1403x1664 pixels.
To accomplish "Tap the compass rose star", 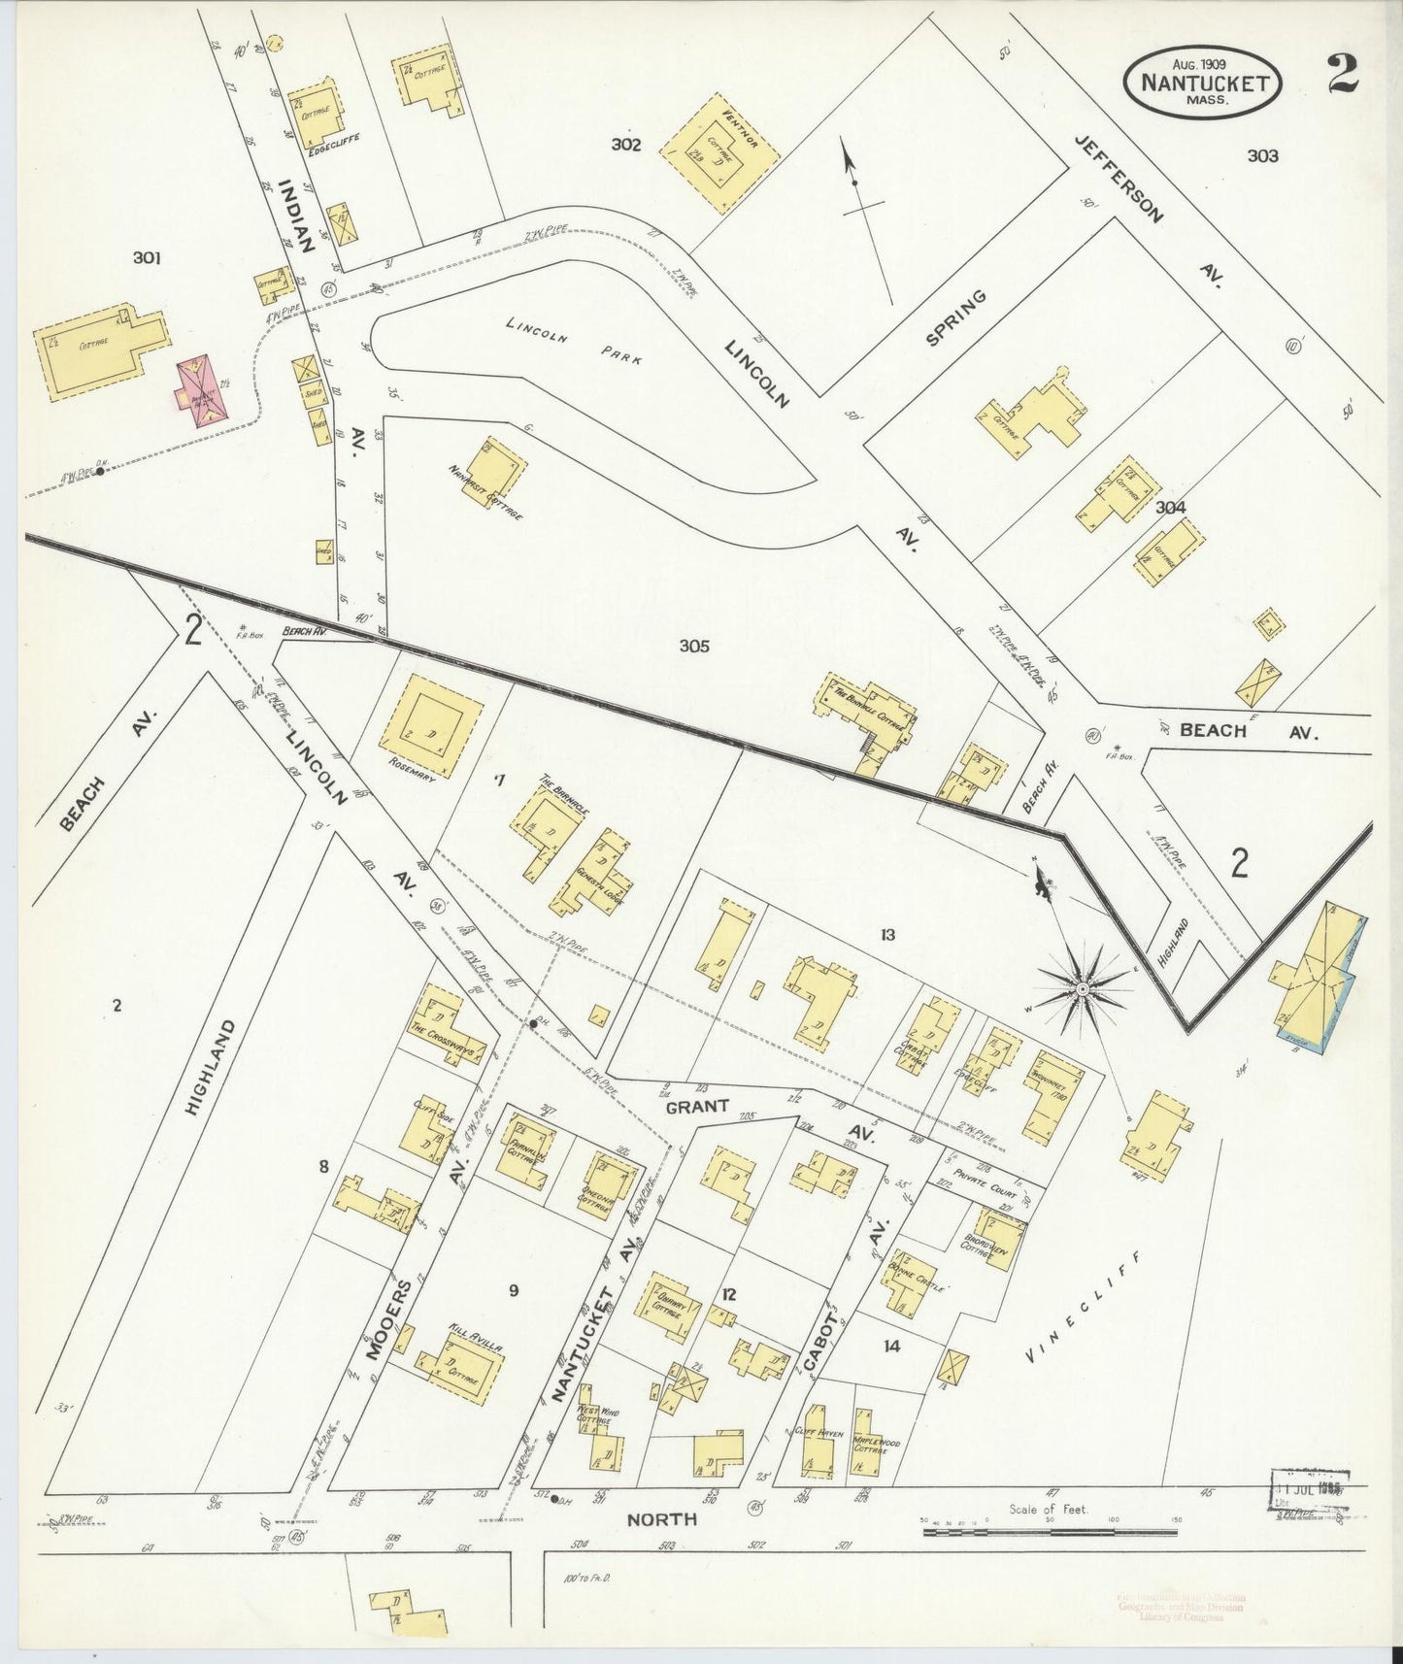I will [1081, 988].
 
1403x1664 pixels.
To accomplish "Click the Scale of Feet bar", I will [1050, 1532].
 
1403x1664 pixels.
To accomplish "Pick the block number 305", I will [694, 646].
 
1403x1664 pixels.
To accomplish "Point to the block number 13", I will [886, 935].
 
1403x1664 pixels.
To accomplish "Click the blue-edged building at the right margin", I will [1322, 978].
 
